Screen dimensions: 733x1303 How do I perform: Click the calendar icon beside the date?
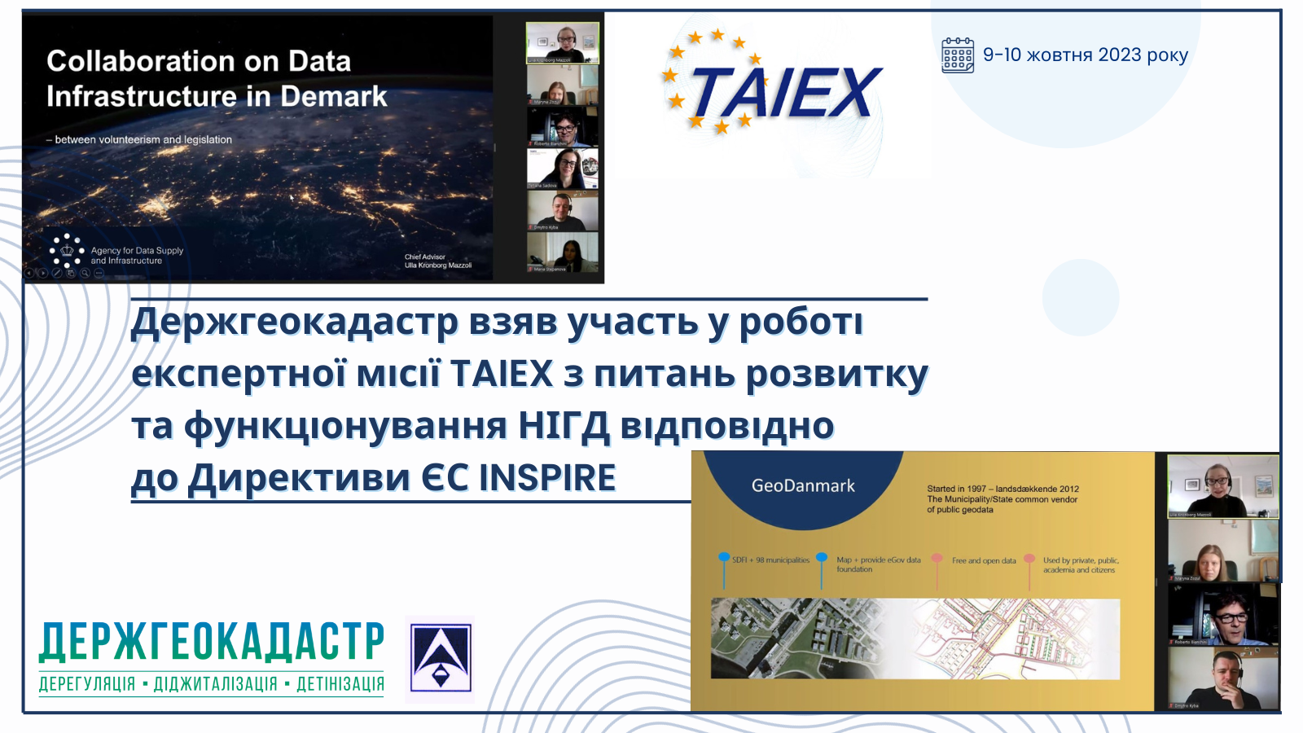pyautogui.click(x=958, y=55)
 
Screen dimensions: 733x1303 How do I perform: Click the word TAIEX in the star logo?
pyautogui.click(x=786, y=93)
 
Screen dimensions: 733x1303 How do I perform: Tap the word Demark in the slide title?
pyautogui.click(x=334, y=96)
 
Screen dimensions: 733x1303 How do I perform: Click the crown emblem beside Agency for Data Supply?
pyautogui.click(x=67, y=251)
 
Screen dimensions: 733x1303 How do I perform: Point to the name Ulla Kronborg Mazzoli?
pyautogui.click(x=438, y=265)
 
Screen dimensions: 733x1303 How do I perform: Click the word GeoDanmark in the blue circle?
pyautogui.click(x=803, y=486)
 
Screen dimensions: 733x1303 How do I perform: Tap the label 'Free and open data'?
pyautogui.click(x=984, y=560)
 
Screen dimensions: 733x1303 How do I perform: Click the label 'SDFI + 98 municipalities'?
pyautogui.click(x=770, y=560)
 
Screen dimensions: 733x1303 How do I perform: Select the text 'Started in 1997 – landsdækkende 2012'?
pyautogui.click(x=1002, y=489)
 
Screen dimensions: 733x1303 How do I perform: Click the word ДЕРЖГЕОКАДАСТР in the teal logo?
pyautogui.click(x=212, y=642)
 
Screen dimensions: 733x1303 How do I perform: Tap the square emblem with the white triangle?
pyautogui.click(x=441, y=658)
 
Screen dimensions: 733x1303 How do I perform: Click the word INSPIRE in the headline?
pyautogui.click(x=547, y=477)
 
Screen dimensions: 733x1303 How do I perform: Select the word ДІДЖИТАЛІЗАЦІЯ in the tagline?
pyautogui.click(x=216, y=684)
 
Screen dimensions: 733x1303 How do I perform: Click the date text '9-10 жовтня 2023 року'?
pyautogui.click(x=1085, y=55)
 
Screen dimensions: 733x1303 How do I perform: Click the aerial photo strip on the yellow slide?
pyautogui.click(x=915, y=639)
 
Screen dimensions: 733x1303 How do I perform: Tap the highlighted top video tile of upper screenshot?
pyautogui.click(x=562, y=42)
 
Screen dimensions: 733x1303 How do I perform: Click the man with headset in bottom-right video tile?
pyautogui.click(x=1222, y=680)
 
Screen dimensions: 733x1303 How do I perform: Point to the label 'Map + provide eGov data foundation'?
pyautogui.click(x=878, y=564)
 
